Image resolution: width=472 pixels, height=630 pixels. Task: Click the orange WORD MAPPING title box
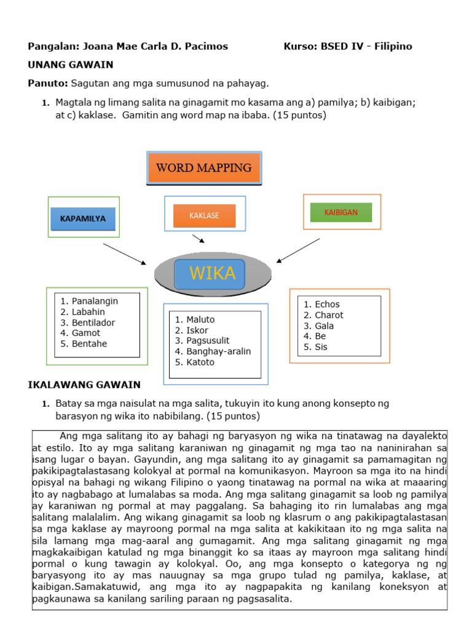(204, 167)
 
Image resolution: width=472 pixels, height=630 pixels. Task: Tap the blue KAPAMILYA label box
(82, 218)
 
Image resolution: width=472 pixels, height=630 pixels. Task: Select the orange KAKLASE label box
(205, 215)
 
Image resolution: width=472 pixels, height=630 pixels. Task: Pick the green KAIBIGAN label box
(341, 212)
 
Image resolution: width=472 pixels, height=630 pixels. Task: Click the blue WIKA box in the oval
(210, 274)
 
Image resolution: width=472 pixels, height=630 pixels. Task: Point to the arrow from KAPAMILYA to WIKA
(124, 253)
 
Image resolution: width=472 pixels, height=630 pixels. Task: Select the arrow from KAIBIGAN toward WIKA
(298, 250)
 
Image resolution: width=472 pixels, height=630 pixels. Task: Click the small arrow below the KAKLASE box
(198, 239)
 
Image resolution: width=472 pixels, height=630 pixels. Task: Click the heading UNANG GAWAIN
(71, 65)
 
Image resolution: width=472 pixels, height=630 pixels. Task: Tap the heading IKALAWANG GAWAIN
(84, 385)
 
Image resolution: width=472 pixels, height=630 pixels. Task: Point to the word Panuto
(48, 83)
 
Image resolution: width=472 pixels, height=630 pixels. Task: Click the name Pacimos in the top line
(206, 46)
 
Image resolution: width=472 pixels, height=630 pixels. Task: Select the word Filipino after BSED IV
(391, 46)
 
